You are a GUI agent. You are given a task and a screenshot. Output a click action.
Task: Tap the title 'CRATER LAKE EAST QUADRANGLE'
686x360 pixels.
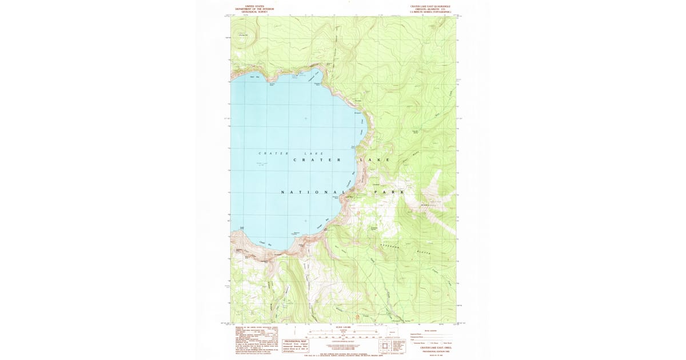[426, 6]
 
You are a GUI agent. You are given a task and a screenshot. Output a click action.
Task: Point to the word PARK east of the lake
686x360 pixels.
[389, 193]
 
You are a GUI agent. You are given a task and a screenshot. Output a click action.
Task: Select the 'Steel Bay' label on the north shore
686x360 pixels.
[254, 77]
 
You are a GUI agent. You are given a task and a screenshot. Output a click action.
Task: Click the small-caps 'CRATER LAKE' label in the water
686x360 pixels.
[292, 153]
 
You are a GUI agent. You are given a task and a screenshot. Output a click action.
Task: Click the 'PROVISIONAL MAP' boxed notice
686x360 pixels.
[296, 343]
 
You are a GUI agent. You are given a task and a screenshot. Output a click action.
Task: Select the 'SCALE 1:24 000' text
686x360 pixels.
[343, 326]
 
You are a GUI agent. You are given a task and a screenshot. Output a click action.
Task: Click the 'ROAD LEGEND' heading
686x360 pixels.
[429, 330]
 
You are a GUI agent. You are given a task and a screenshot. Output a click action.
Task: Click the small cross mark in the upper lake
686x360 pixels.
[306, 118]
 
